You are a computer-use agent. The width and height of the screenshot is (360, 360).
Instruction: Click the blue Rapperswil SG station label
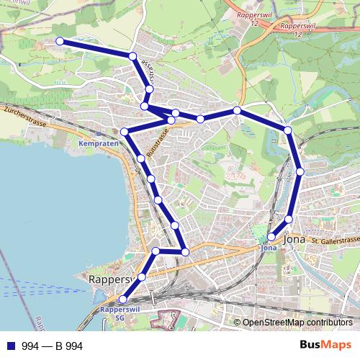click(x=114, y=312)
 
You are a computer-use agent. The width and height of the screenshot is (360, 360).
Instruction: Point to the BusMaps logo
click(x=324, y=345)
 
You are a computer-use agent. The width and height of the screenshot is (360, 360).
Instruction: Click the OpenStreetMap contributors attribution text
click(x=297, y=323)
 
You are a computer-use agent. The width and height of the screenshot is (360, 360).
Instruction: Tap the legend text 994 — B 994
click(x=53, y=346)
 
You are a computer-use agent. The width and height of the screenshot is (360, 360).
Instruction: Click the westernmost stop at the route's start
click(x=59, y=42)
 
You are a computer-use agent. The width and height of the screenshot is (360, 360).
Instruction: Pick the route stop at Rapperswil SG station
click(x=123, y=300)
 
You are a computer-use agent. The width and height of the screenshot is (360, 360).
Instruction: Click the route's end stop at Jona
click(x=271, y=237)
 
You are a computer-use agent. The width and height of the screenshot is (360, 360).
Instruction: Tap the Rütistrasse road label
click(x=157, y=141)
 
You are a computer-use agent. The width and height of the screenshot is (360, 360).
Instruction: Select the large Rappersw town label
click(x=108, y=279)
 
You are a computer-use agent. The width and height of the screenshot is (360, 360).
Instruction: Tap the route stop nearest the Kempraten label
click(x=125, y=132)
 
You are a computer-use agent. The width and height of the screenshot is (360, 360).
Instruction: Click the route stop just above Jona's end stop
click(x=289, y=219)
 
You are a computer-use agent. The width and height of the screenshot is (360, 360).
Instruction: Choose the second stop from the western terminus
click(x=132, y=56)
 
